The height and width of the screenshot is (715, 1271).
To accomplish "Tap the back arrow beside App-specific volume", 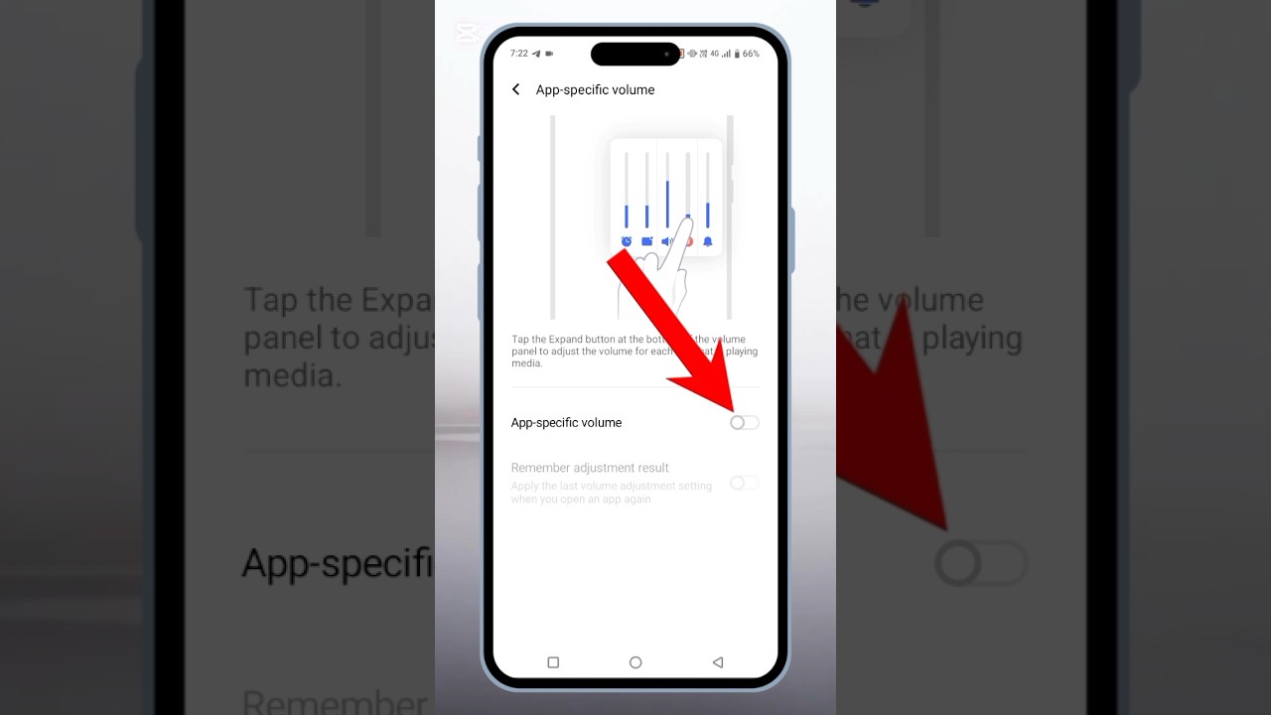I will click(515, 89).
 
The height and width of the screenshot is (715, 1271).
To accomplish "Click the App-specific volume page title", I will click(595, 89).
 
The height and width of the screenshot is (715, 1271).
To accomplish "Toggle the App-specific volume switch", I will click(744, 423).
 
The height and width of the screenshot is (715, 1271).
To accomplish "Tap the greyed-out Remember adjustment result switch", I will click(744, 484).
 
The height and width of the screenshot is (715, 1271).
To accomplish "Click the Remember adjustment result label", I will click(590, 468).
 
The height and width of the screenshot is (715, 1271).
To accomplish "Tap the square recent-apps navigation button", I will click(553, 662).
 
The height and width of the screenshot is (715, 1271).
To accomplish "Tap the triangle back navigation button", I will click(718, 662).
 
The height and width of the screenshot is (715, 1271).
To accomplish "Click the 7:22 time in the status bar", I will click(519, 54).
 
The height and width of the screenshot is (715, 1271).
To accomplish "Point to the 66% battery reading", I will click(751, 54).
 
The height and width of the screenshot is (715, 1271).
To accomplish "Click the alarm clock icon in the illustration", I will click(627, 241).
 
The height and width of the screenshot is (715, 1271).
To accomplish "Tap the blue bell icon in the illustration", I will click(708, 241).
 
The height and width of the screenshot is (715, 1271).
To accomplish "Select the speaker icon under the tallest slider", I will click(667, 241).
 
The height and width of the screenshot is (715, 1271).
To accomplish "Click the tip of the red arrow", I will click(736, 410).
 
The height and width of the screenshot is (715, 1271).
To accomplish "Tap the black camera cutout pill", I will click(635, 54).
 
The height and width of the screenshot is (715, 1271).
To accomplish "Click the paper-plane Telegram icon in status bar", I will click(536, 54).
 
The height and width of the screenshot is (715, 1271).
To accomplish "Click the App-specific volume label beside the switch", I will click(566, 423).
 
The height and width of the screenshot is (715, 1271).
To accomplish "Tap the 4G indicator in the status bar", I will click(715, 54).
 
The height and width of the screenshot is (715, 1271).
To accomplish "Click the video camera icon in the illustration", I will click(646, 241).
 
